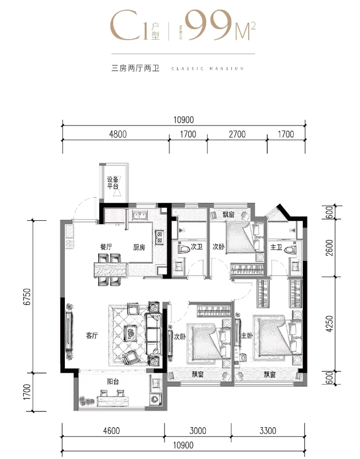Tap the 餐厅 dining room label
pyautogui.click(x=106, y=247)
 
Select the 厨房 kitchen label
pyautogui.click(x=139, y=247)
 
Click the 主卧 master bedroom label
pyautogui.click(x=246, y=336)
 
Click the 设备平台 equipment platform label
pyautogui.click(x=113, y=183)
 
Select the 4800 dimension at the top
pyautogui.click(x=118, y=135)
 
